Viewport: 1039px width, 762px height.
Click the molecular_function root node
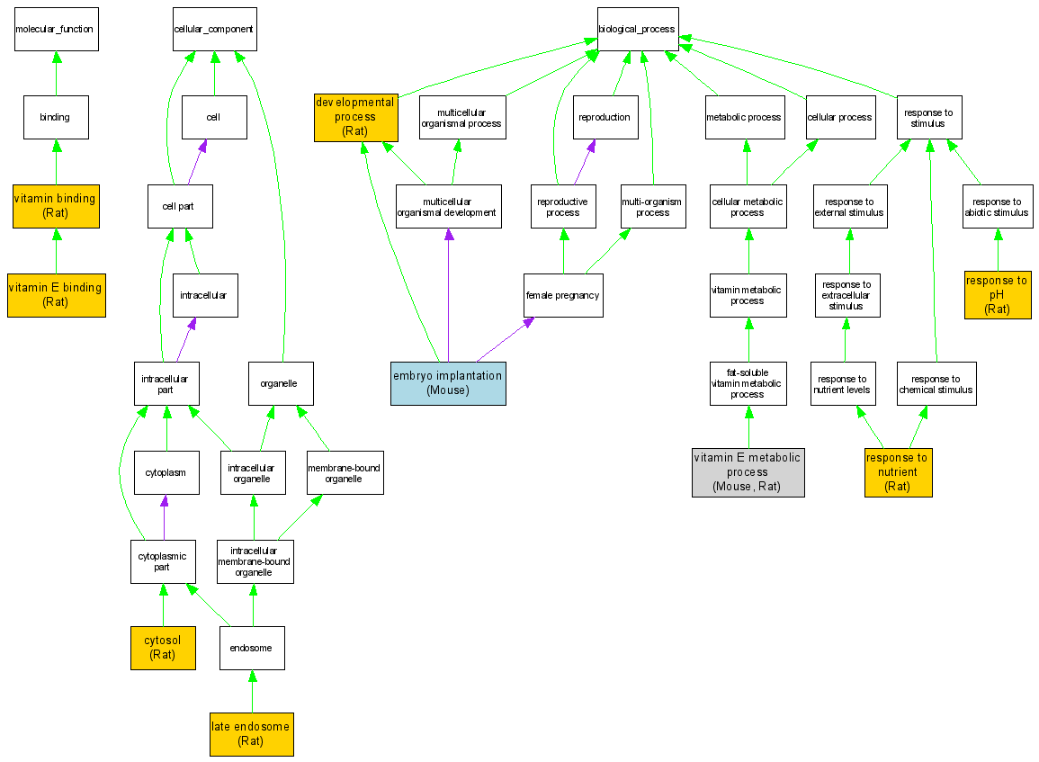coord(55,29)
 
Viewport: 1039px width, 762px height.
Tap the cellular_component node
coord(213,29)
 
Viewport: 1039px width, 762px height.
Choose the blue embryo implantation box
coord(448,383)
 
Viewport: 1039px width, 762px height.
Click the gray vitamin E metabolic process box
coord(748,472)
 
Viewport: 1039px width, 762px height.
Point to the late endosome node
coord(251,733)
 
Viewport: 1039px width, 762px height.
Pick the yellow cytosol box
coord(163,648)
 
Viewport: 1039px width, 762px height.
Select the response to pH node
coord(997,295)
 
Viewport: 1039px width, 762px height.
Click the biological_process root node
coord(637,29)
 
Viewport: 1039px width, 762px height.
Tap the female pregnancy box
coord(563,295)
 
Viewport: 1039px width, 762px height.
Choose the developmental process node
coord(355,117)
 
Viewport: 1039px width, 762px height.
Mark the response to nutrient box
coord(898,472)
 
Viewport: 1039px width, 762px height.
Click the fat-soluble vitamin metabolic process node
coord(748,383)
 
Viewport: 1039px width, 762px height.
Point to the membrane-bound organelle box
coord(345,473)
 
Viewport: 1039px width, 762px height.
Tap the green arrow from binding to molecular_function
coord(56,73)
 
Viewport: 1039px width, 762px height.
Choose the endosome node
coord(252,648)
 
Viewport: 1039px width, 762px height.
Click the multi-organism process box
coord(653,207)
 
